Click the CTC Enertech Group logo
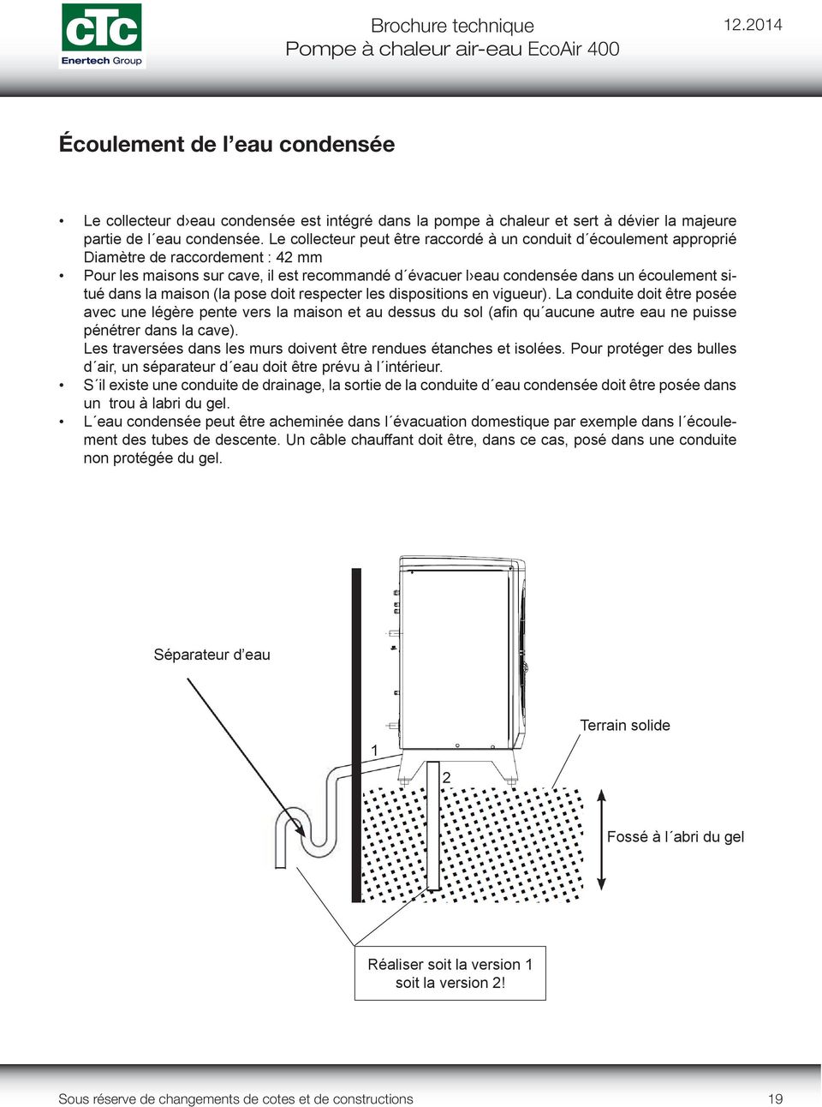click(101, 35)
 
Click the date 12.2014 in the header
click(752, 25)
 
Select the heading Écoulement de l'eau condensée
click(226, 144)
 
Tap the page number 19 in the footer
click(775, 1098)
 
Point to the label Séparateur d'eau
click(211, 655)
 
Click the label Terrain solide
click(624, 725)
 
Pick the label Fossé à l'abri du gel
click(675, 836)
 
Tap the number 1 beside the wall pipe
click(374, 751)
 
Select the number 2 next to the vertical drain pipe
click(446, 777)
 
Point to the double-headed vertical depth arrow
click(601, 840)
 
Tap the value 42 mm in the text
click(299, 257)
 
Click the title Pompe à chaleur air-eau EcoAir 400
click(452, 49)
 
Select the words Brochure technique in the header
click(452, 26)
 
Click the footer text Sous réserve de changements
click(235, 1098)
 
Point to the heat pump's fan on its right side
click(519, 660)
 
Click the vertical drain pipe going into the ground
click(433, 831)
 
